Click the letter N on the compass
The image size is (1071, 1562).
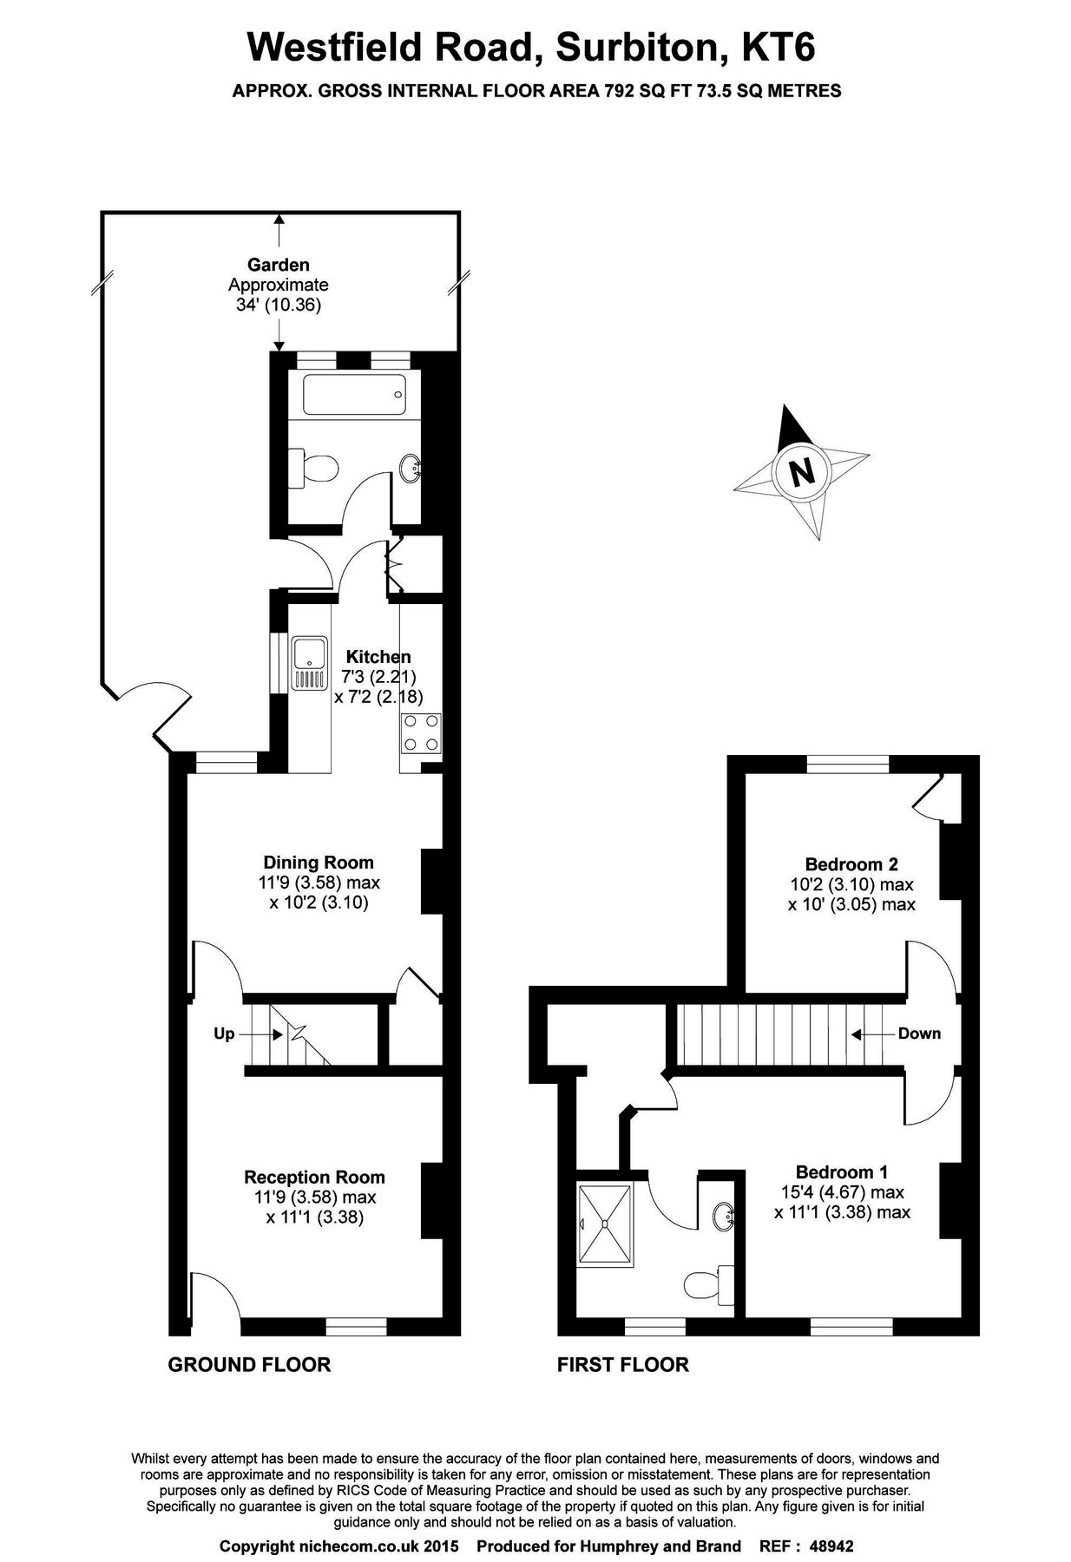(x=801, y=473)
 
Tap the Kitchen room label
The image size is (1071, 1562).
(x=378, y=656)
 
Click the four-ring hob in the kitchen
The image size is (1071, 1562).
(x=421, y=732)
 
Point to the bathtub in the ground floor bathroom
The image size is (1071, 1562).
(x=353, y=395)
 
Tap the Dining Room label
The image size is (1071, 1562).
(x=319, y=862)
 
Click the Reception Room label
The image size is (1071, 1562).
(x=314, y=1177)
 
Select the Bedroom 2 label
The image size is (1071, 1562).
(x=851, y=863)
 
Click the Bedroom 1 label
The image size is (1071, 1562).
(x=841, y=1171)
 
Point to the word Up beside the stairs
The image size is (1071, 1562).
(x=224, y=1034)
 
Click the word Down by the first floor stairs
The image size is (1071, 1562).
(x=918, y=1033)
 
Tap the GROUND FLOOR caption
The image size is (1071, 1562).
(x=249, y=1364)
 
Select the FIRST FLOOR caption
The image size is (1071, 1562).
(x=622, y=1364)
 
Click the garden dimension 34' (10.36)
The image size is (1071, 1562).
(x=278, y=305)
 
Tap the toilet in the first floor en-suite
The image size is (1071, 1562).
(x=708, y=1283)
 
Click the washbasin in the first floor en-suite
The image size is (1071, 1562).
(x=723, y=1216)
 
